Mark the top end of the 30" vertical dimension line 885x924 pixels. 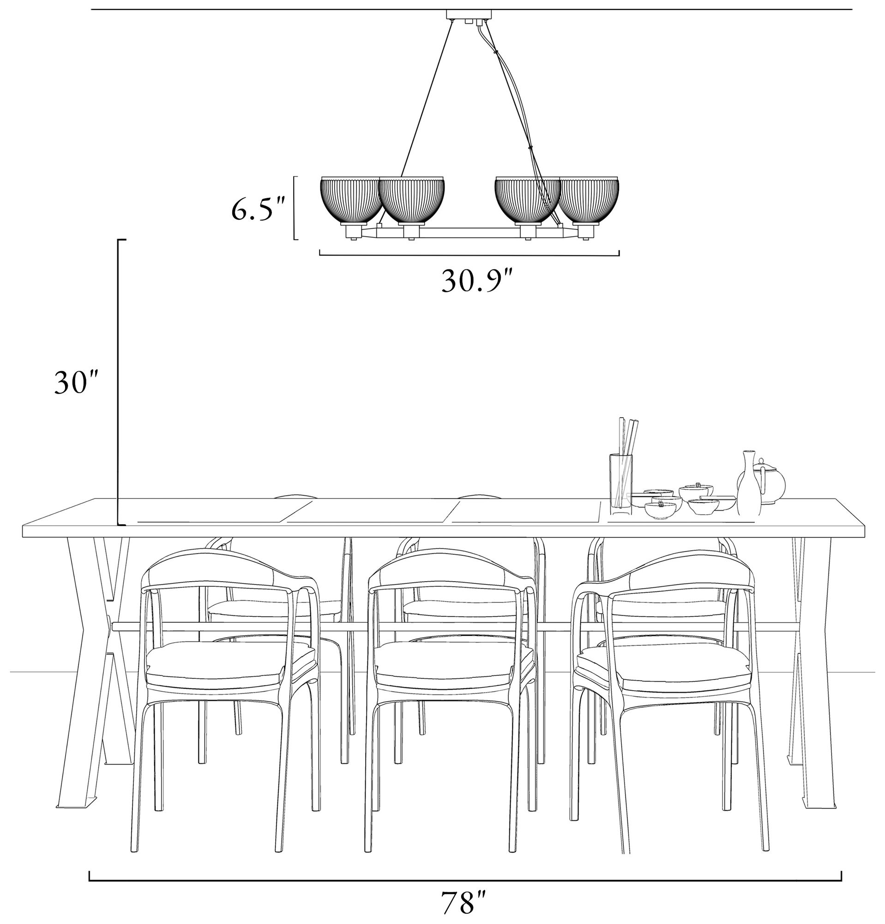[118, 240]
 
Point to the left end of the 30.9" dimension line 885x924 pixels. [320, 255]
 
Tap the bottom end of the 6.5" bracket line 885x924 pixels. [295, 239]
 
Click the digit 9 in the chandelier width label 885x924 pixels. [492, 281]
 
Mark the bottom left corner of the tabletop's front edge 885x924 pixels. [23, 537]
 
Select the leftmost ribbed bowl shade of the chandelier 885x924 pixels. [351, 201]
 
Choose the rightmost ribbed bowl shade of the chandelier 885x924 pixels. [589, 201]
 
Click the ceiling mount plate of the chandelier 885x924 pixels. [470, 15]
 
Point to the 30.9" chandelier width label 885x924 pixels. [476, 281]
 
